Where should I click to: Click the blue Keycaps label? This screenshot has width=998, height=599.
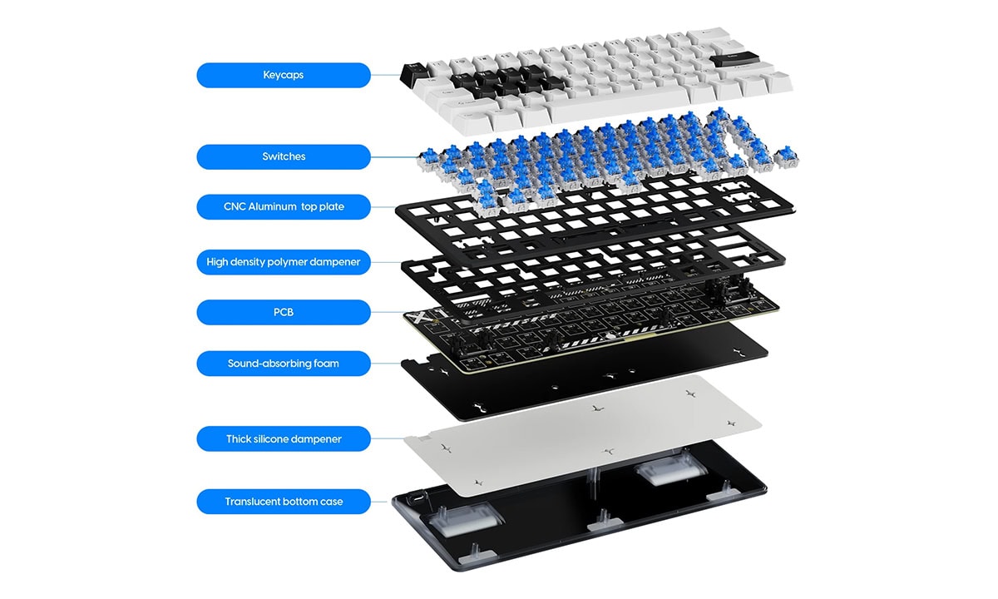(x=284, y=75)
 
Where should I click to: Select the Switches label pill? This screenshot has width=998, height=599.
(x=284, y=157)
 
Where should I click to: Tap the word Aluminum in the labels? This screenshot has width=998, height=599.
(x=272, y=207)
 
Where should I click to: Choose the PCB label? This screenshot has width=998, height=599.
(x=284, y=313)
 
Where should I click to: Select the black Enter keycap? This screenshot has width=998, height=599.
(x=734, y=60)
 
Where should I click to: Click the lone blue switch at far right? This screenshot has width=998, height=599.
(x=786, y=157)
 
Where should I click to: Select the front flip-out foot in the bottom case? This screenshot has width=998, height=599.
(x=466, y=521)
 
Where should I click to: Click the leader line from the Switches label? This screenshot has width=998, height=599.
(x=394, y=157)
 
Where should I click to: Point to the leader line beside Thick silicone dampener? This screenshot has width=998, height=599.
(x=388, y=438)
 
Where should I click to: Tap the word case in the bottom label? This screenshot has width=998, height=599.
(x=332, y=502)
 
